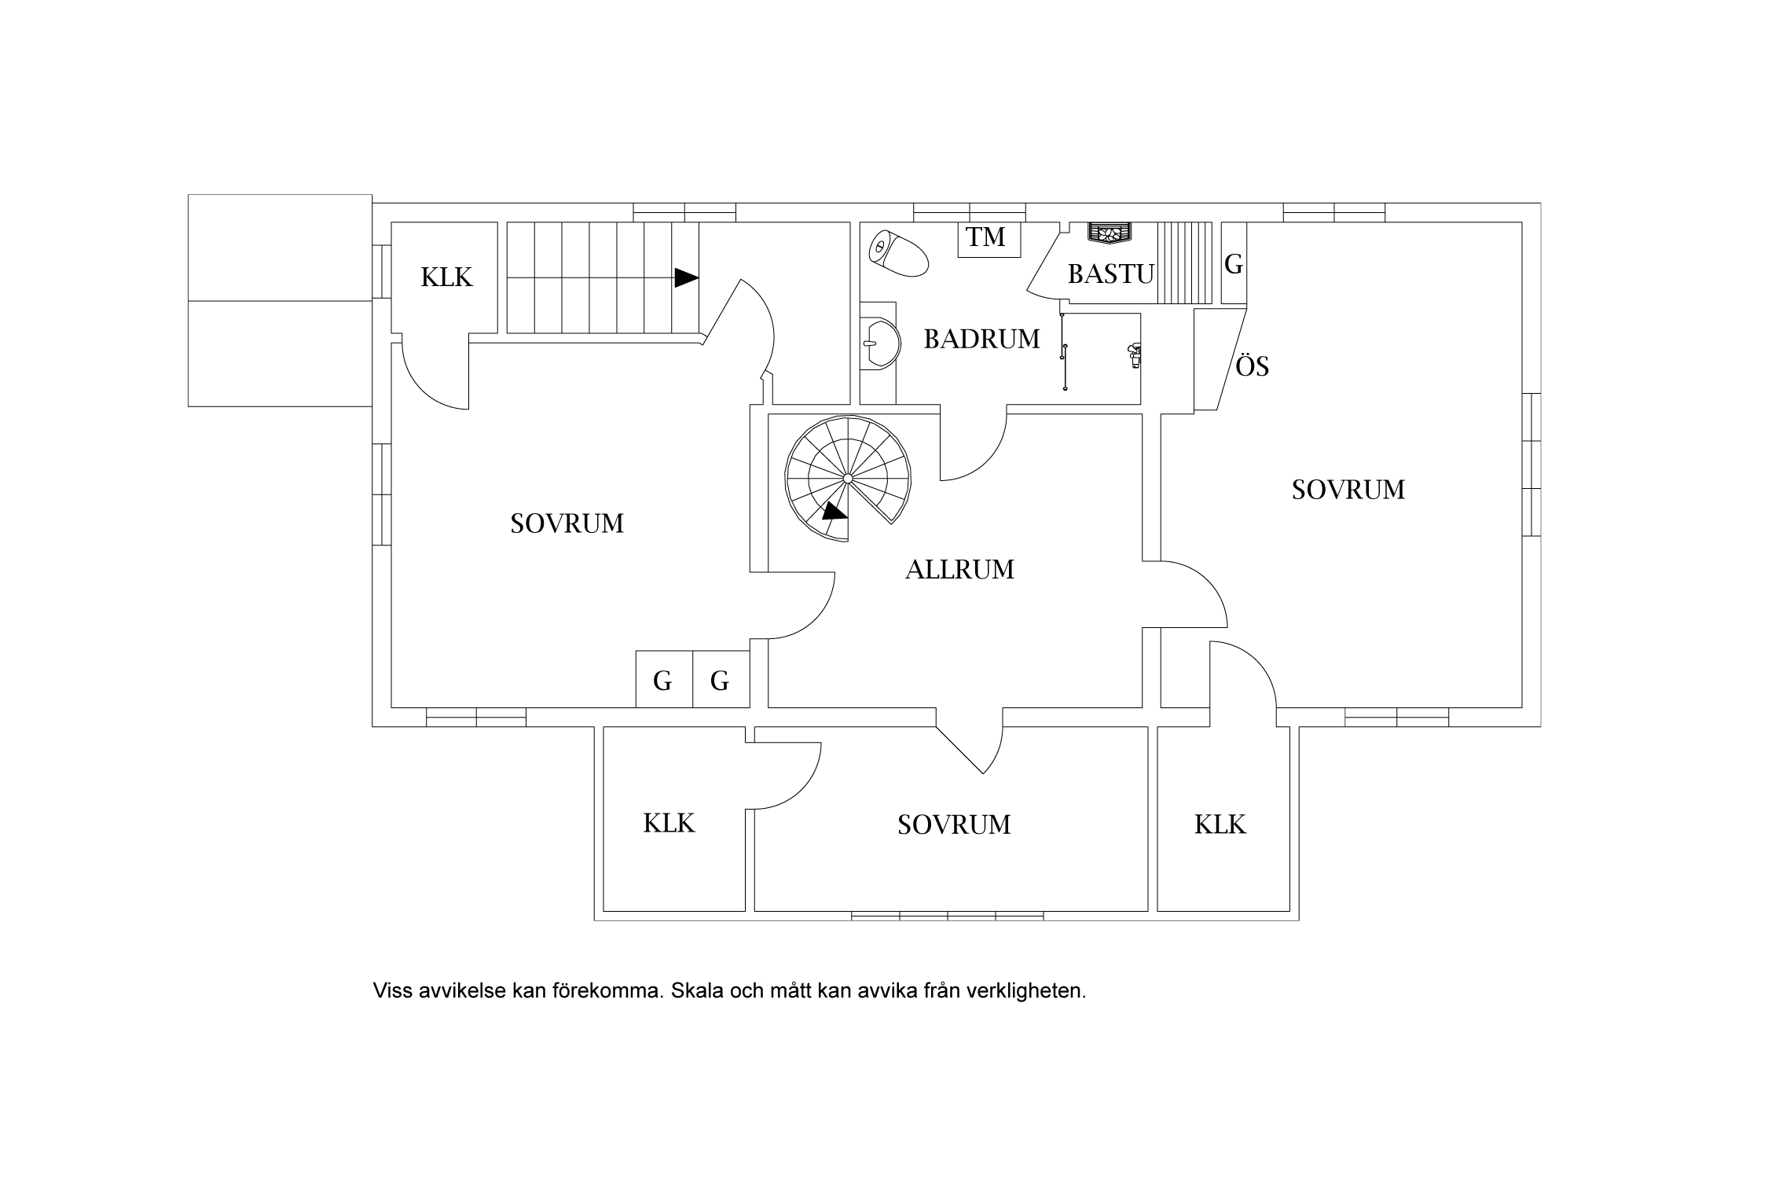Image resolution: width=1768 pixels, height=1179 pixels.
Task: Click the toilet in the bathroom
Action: (x=898, y=252)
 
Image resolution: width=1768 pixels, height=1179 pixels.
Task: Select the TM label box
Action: (x=989, y=239)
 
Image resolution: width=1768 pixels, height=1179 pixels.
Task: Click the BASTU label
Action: (x=1111, y=274)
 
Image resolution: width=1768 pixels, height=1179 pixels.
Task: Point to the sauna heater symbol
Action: (x=1109, y=233)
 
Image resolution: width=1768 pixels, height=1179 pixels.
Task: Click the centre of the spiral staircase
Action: (x=848, y=478)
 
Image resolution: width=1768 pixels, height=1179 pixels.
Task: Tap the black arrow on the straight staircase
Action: (x=686, y=277)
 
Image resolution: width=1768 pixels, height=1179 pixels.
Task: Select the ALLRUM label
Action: (x=959, y=569)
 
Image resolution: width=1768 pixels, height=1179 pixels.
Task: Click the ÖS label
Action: (x=1253, y=366)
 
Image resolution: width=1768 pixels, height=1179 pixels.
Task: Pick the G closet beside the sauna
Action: (x=1234, y=263)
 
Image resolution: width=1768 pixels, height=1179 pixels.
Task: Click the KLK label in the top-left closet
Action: (x=446, y=277)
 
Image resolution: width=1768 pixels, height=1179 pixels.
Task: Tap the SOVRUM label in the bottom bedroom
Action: (x=954, y=825)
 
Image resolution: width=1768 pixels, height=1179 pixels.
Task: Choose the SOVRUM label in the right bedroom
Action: (x=1348, y=490)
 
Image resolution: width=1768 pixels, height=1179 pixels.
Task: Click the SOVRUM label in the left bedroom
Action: (x=567, y=523)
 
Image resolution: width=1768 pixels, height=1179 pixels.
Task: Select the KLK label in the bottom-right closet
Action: (x=1220, y=825)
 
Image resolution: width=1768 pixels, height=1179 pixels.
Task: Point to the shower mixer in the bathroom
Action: (x=1133, y=355)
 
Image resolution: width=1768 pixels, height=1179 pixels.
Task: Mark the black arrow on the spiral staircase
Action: (x=834, y=512)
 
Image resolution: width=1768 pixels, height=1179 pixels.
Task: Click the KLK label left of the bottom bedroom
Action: (x=669, y=823)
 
